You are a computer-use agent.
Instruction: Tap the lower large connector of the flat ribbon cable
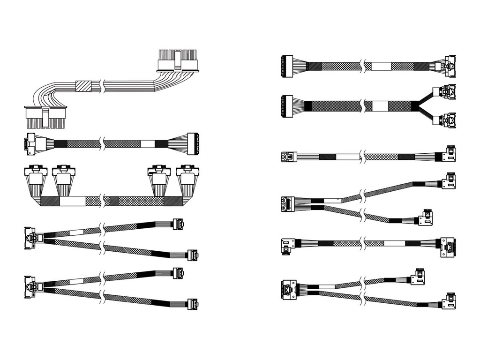46,117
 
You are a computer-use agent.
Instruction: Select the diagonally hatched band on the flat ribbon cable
83,86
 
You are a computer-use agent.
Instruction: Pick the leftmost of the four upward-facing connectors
35,176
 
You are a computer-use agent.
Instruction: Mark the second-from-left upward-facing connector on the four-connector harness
63,176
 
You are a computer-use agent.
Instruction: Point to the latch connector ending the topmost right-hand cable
448,66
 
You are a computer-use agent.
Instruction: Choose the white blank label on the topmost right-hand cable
381,66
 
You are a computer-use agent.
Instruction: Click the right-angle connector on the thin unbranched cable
449,154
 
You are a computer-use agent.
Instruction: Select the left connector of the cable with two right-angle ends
288,244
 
